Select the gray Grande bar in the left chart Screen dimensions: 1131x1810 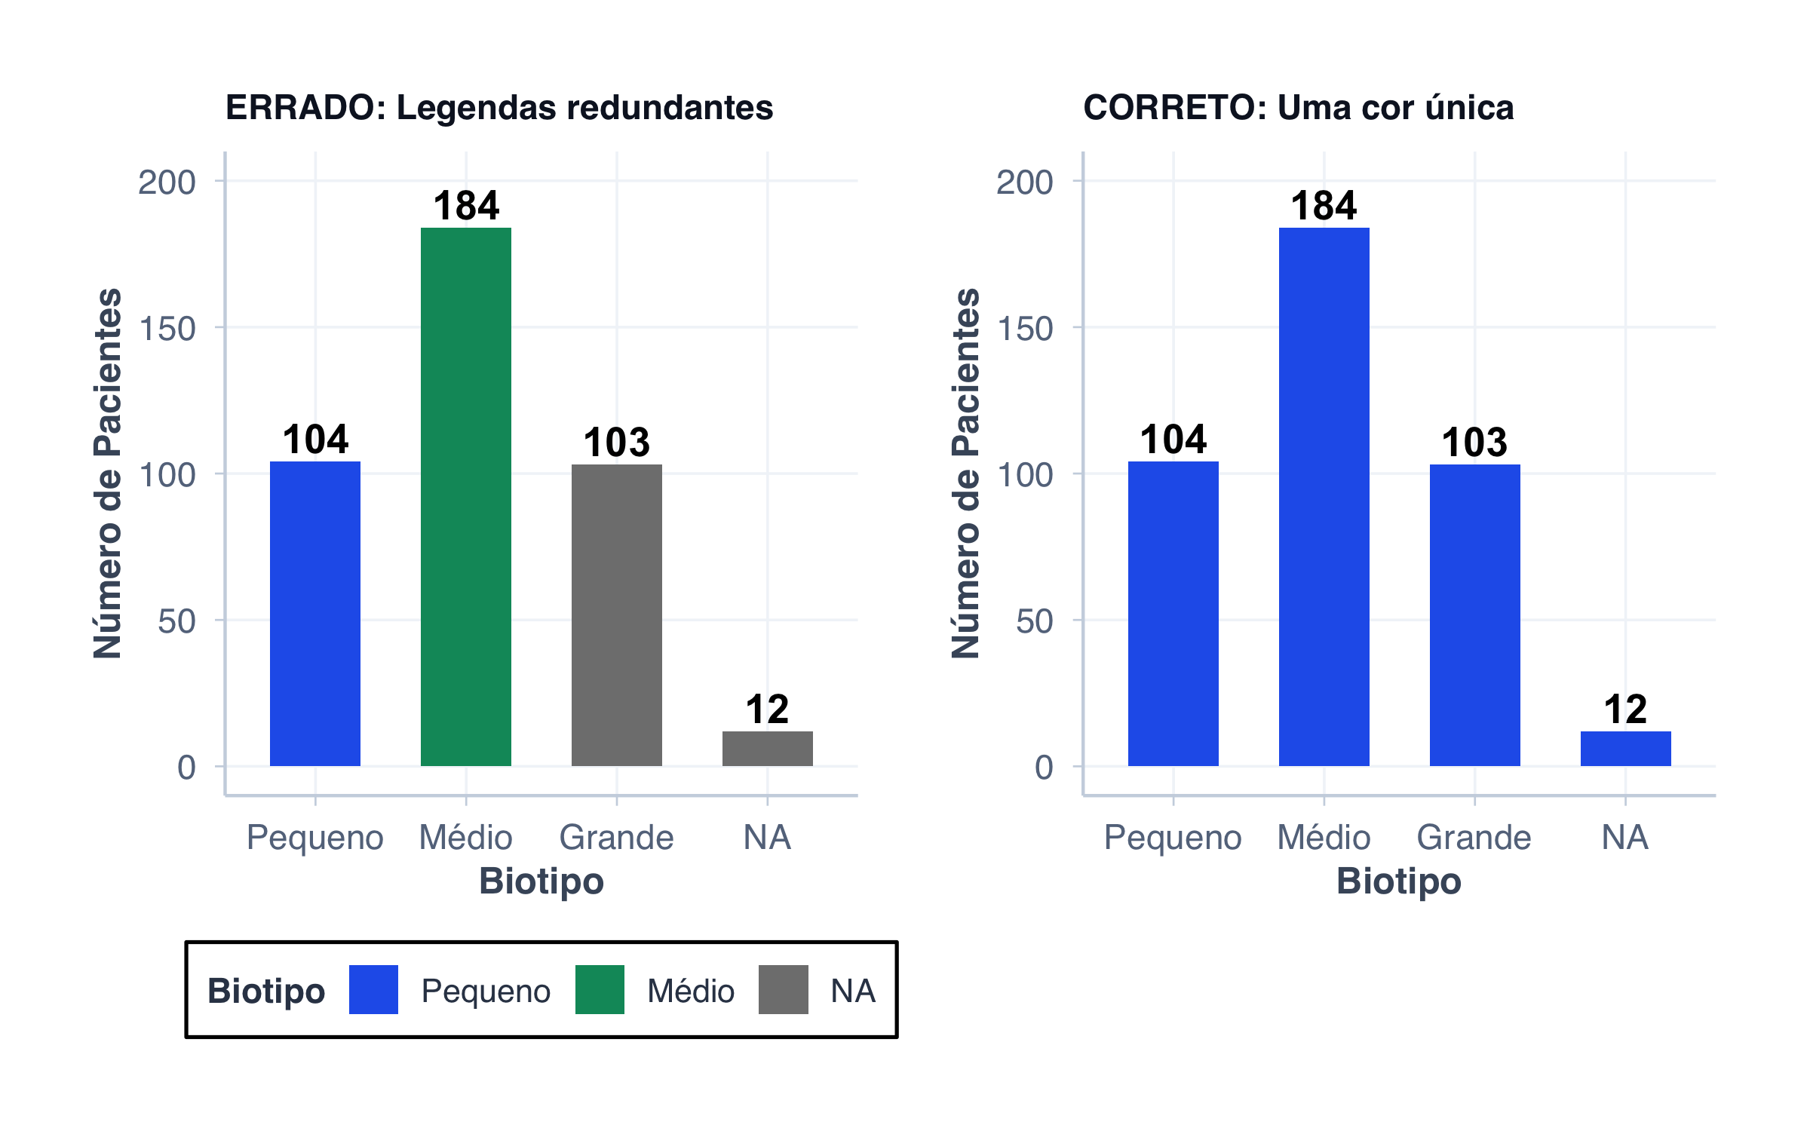tap(617, 615)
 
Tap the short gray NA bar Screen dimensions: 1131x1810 tap(768, 749)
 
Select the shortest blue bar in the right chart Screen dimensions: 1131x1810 tap(1625, 749)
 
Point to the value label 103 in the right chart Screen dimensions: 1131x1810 tap(1474, 443)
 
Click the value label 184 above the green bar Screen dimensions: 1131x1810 tap(466, 206)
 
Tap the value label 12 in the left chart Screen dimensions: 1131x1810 tap(767, 710)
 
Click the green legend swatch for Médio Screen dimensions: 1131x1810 tap(600, 989)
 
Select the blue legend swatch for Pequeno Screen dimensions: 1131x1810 tap(373, 989)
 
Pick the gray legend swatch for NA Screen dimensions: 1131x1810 tap(783, 989)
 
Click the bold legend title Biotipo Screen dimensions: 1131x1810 tap(266, 991)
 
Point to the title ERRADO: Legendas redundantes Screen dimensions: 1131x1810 tap(499, 107)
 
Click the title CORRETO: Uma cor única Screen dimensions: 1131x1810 tap(1298, 107)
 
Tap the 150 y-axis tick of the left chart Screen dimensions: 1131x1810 tap(167, 329)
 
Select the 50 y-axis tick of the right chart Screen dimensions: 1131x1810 tap(1034, 621)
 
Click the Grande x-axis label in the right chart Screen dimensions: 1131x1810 tap(1474, 838)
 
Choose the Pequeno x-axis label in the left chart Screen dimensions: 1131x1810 tap(315, 838)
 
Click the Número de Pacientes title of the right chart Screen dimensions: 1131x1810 tap(965, 474)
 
